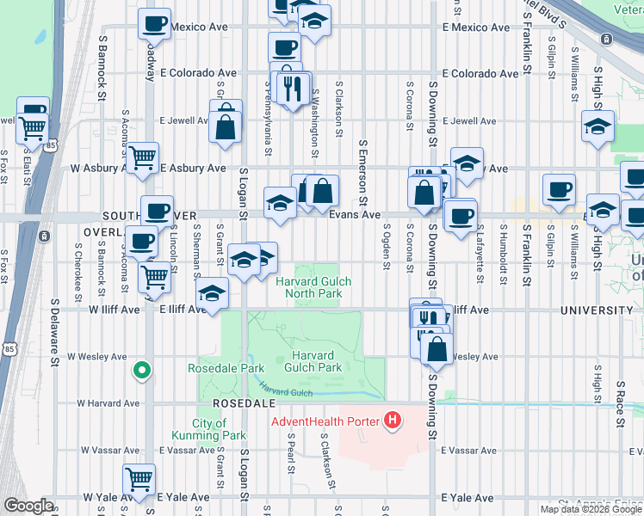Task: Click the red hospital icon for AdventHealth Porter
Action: pos(393,421)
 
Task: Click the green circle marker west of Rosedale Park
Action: pos(142,371)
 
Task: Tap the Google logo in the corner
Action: pos(28,506)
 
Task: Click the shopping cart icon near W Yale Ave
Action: pos(139,479)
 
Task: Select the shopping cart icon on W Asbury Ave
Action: pos(142,157)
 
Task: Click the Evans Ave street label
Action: pos(355,215)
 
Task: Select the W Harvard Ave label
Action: pos(108,402)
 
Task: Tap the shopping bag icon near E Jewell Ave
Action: pos(225,126)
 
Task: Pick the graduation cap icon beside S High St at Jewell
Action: pos(598,127)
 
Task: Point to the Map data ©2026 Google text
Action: pos(591,509)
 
